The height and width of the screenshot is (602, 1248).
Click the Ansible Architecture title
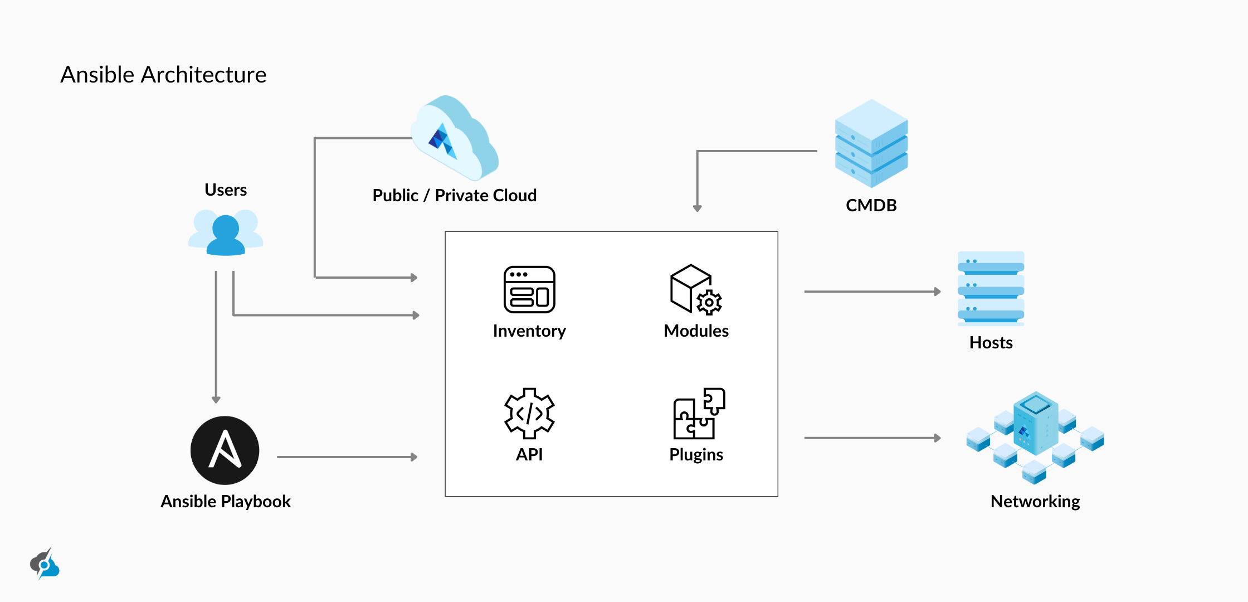tap(163, 75)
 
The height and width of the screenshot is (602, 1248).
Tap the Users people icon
tap(226, 232)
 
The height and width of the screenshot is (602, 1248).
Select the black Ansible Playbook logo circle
tap(225, 450)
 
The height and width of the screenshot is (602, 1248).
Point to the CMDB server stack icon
tap(871, 144)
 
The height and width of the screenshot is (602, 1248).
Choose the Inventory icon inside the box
tap(529, 289)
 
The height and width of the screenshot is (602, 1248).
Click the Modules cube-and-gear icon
tap(696, 289)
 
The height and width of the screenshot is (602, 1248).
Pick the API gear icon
tap(529, 413)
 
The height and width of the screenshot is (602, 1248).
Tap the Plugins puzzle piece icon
tap(699, 413)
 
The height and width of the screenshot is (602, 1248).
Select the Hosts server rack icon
tap(991, 288)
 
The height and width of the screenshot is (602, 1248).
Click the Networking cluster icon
tap(1035, 438)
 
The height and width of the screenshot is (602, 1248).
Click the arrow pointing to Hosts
tap(872, 292)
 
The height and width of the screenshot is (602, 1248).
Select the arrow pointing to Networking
tap(872, 438)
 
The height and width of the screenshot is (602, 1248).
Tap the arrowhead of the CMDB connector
tap(697, 208)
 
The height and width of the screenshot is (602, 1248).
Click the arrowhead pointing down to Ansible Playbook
tap(216, 399)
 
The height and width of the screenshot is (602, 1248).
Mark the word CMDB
tap(871, 205)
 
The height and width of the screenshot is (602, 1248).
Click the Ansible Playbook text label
tap(226, 501)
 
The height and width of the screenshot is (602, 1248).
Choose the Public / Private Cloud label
tap(455, 196)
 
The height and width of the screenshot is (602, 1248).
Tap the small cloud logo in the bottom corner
tap(45, 564)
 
